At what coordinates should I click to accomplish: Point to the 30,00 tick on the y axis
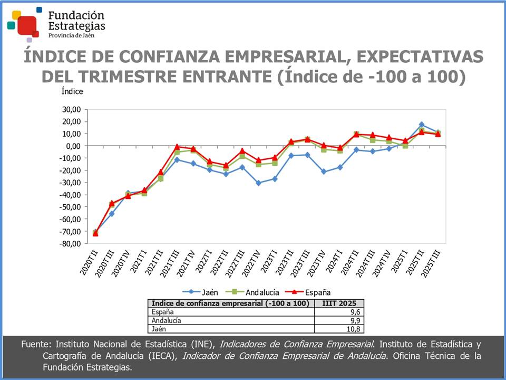pos(71,109)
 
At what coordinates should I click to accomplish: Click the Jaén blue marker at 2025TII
pos(421,125)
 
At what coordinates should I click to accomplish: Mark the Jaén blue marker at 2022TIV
pos(258,183)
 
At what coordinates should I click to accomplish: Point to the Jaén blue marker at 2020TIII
pos(112,214)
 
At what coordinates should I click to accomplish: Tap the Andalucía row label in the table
pos(167,320)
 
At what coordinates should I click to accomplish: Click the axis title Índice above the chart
pos(72,91)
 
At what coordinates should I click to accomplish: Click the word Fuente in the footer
pos(36,344)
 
